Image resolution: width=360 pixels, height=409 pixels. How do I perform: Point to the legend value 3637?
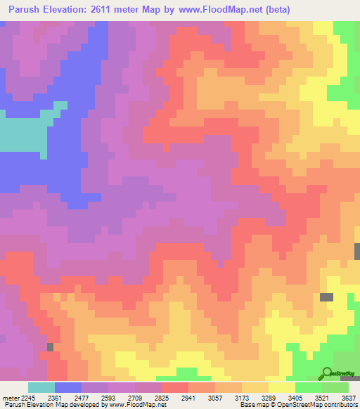348,397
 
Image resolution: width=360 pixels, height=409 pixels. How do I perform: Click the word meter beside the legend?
11,397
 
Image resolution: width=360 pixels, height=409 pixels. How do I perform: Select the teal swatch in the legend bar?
41,387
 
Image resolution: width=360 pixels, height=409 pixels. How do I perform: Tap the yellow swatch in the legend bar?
282,387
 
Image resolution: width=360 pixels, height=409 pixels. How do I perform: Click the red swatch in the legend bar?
175,387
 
